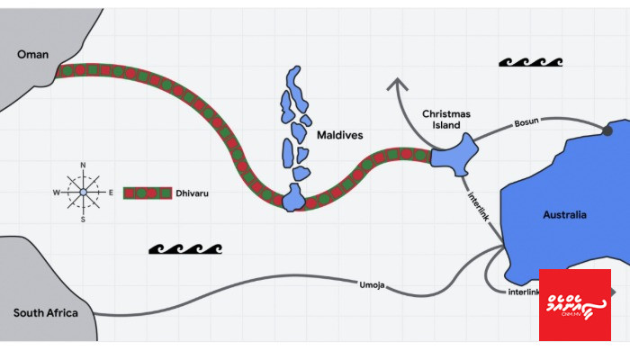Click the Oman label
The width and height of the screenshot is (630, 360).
pyautogui.click(x=32, y=55)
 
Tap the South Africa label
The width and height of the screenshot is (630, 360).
pyautogui.click(x=45, y=313)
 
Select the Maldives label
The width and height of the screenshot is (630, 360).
pyautogui.click(x=339, y=135)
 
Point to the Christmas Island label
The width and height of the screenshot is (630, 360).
pyautogui.click(x=446, y=120)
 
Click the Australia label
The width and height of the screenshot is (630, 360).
pyautogui.click(x=564, y=215)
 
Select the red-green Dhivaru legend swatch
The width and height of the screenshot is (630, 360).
pyautogui.click(x=147, y=193)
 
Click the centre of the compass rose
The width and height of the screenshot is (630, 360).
pyautogui.click(x=83, y=192)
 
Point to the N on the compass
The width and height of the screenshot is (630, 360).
pyautogui.click(x=83, y=166)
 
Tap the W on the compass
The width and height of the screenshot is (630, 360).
pyautogui.click(x=56, y=193)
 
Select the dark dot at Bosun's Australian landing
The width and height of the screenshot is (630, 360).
pyautogui.click(x=607, y=130)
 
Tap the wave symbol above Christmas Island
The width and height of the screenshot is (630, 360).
pyautogui.click(x=530, y=63)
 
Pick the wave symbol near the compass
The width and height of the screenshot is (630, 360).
pyautogui.click(x=184, y=248)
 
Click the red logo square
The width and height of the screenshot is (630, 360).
pyautogui.click(x=574, y=304)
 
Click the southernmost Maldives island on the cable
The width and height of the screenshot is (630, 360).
pyautogui.click(x=293, y=198)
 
